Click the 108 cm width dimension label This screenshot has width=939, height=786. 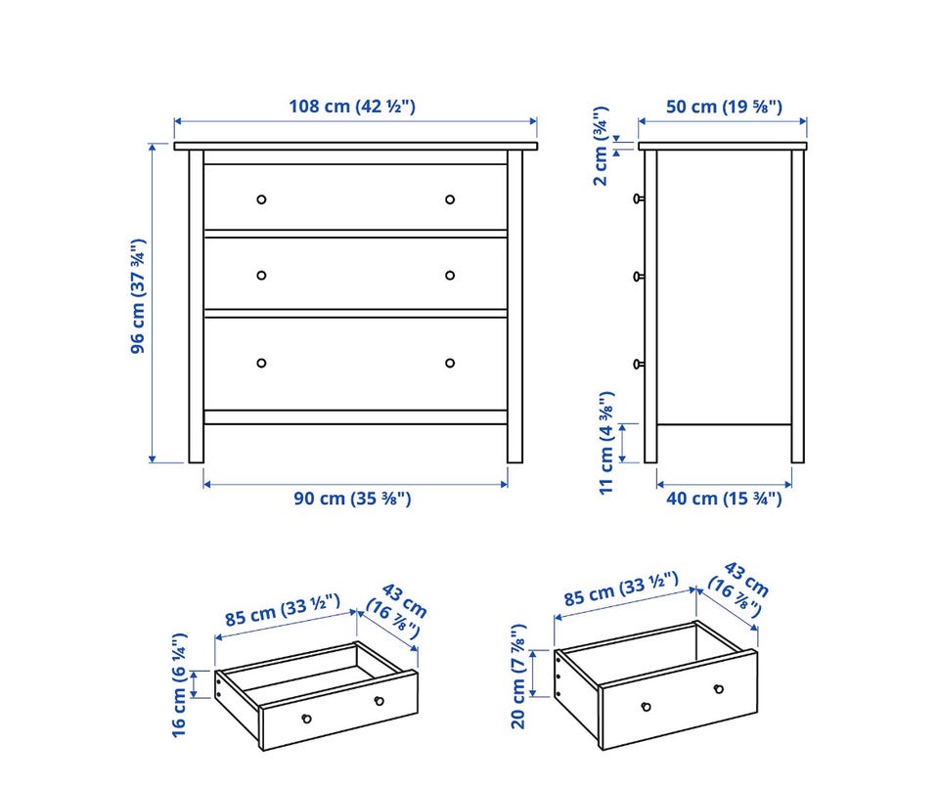pyautogui.click(x=352, y=107)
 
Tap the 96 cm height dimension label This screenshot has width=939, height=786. pyautogui.click(x=138, y=296)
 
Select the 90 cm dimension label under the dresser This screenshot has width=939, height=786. pyautogui.click(x=352, y=498)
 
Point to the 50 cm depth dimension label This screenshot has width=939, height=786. pyautogui.click(x=724, y=107)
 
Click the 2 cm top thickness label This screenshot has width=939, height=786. pyautogui.click(x=601, y=146)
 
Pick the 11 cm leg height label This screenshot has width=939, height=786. pyautogui.click(x=606, y=443)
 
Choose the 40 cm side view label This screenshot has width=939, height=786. pyautogui.click(x=724, y=498)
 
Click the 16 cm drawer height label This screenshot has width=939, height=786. pyautogui.click(x=179, y=685)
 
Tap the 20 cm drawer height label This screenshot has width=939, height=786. pyautogui.click(x=518, y=677)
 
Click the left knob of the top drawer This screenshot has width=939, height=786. pyautogui.click(x=261, y=199)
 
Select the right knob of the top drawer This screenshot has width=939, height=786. pyautogui.click(x=450, y=199)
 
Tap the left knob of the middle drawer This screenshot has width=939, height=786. pyautogui.click(x=261, y=276)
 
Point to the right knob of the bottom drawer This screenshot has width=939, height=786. pyautogui.click(x=450, y=363)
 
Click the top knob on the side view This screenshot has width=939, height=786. pyautogui.click(x=639, y=198)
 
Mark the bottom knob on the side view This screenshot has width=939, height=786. pyautogui.click(x=639, y=364)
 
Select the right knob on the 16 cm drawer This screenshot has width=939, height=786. pyautogui.click(x=379, y=701)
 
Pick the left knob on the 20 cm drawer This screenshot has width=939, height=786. pyautogui.click(x=646, y=707)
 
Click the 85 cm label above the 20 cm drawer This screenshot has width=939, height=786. pyautogui.click(x=621, y=589)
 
